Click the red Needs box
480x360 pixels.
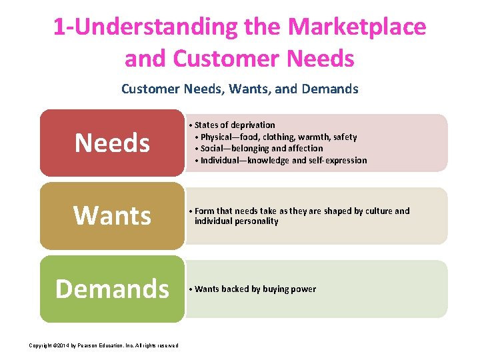(111, 143)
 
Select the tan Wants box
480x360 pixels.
(111, 215)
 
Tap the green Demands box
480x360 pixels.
(111, 289)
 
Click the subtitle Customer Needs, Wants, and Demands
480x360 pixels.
(240, 89)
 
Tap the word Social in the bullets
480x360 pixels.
(214, 149)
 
